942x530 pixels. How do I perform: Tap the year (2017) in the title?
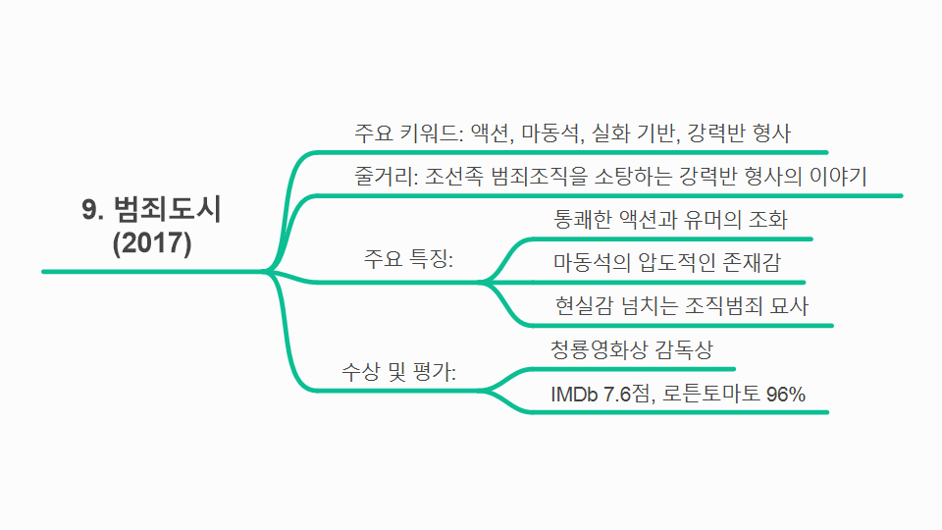pyautogui.click(x=152, y=242)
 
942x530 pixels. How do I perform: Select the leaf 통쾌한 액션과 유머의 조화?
pyautogui.click(x=670, y=219)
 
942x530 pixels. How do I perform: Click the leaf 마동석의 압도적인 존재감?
pyautogui.click(x=666, y=262)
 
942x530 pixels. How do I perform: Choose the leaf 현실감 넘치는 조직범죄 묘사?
pyautogui.click(x=681, y=305)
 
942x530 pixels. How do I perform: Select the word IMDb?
pyautogui.click(x=573, y=393)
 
